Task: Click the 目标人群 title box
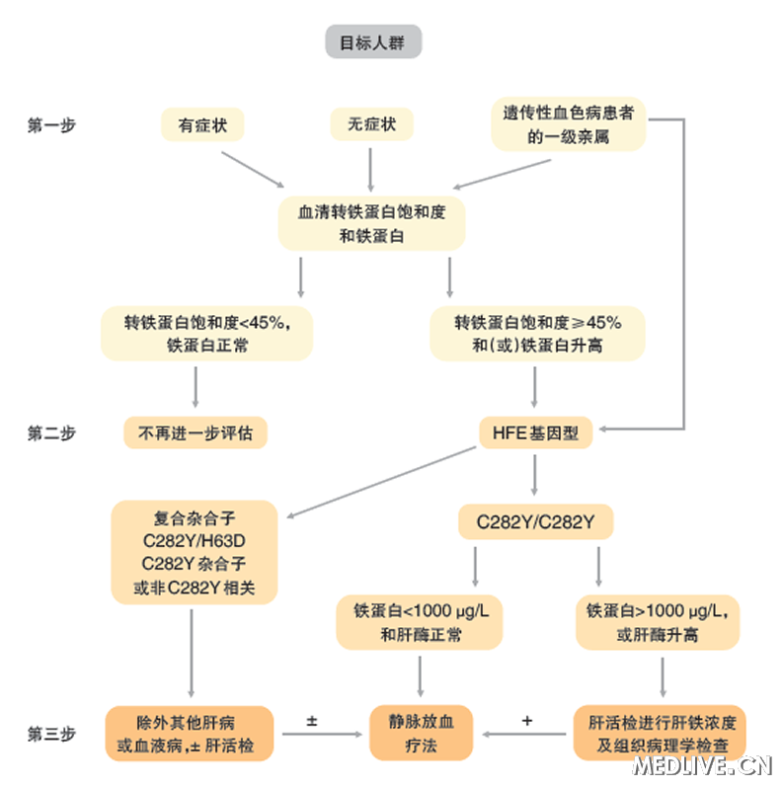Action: coord(373,42)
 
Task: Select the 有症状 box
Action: coord(201,124)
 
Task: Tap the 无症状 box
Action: coord(371,124)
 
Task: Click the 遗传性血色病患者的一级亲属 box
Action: coord(569,124)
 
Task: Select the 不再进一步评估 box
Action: coord(196,433)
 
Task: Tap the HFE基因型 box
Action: coord(535,433)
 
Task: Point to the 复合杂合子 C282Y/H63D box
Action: coord(194,553)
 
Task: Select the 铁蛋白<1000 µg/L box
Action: coord(421,622)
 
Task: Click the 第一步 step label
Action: coord(51,125)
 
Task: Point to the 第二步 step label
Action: coord(51,433)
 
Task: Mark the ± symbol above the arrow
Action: coord(312,721)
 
